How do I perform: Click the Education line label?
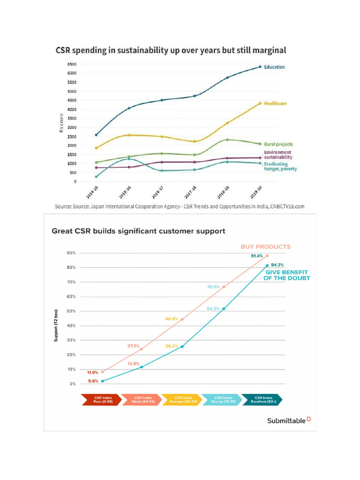(274, 67)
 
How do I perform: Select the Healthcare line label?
(276, 104)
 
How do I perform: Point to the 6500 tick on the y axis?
(72, 64)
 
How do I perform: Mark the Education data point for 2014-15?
(96, 135)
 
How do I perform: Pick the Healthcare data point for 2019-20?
(260, 104)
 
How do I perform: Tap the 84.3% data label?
(277, 265)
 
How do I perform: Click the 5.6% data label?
(93, 381)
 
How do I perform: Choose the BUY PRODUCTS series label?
(265, 247)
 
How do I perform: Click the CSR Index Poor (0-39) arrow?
(100, 399)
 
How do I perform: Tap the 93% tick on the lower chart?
(72, 253)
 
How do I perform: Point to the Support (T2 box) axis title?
(56, 325)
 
